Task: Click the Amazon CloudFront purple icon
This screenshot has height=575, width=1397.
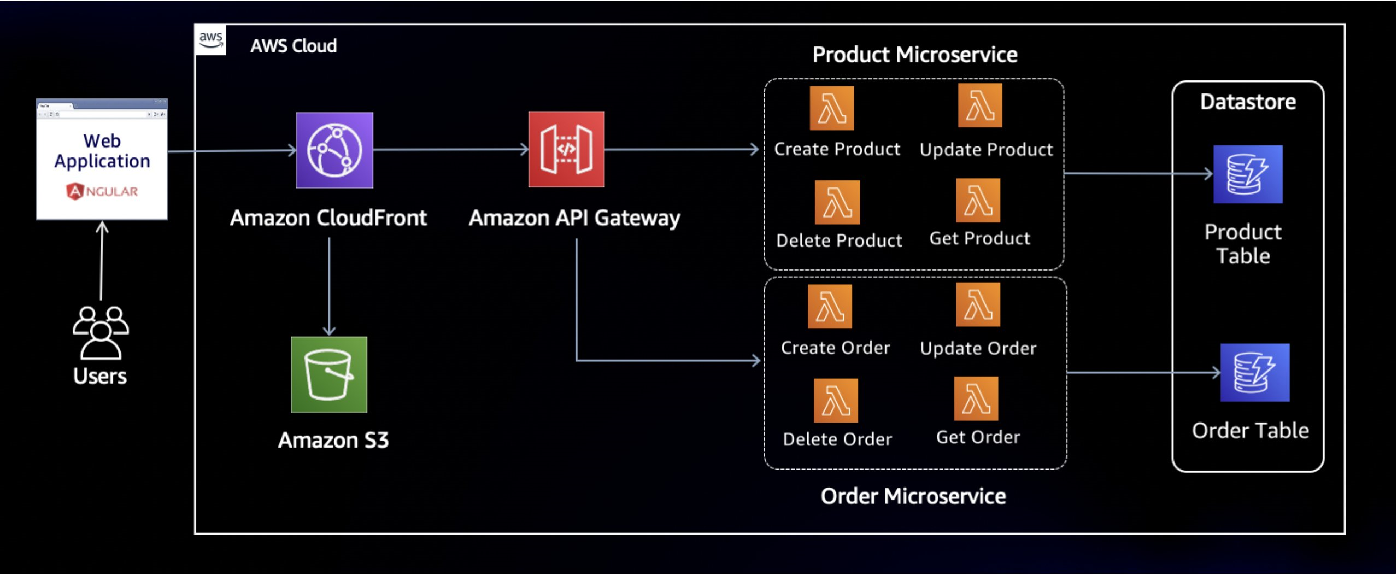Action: pos(334,150)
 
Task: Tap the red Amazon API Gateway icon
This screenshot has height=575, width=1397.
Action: pos(566,149)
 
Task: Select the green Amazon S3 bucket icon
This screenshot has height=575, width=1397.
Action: pos(329,374)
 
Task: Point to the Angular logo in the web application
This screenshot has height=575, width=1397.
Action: pos(102,191)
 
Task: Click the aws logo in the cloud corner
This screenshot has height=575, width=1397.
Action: pos(210,40)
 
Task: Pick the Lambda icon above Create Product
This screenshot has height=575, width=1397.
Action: pos(831,108)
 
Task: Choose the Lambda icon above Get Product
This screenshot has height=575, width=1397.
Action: pos(978,201)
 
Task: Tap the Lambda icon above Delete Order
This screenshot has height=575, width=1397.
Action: pos(835,401)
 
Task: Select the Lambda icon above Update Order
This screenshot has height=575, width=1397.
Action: pos(978,304)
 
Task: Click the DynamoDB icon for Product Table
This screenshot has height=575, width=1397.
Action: pos(1247,174)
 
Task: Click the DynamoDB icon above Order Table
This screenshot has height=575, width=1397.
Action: pos(1254,372)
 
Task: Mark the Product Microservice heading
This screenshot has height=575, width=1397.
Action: pos(914,55)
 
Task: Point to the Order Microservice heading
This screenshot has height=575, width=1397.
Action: pos(913,496)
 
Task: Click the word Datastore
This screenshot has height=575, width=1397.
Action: pos(1247,102)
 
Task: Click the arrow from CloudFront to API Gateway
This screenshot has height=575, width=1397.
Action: pos(451,149)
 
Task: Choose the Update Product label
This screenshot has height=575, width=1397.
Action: pos(986,150)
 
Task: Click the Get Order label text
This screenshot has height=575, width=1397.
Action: pos(978,437)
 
